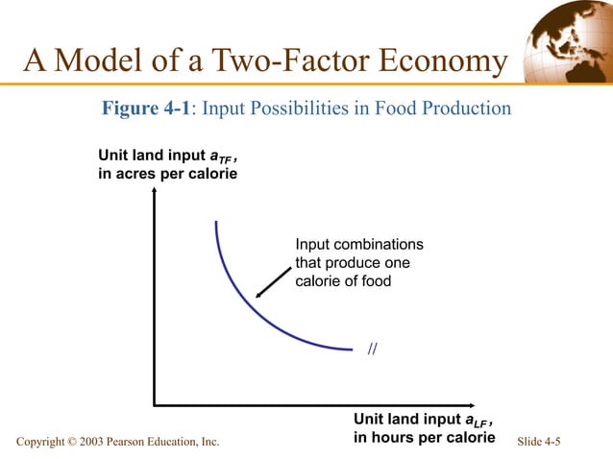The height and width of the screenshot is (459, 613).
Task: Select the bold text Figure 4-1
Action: (x=143, y=109)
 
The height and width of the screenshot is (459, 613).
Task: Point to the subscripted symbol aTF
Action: (x=222, y=157)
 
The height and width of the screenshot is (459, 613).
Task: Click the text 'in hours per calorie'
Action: (x=424, y=438)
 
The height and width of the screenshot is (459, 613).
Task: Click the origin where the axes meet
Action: (x=155, y=405)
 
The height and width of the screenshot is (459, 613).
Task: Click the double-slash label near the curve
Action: (x=373, y=348)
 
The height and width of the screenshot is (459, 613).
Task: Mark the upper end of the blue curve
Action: (x=216, y=223)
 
